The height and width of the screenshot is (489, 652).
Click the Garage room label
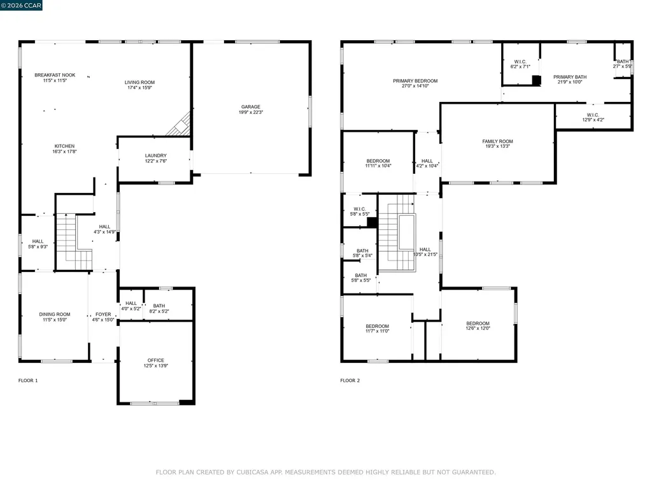point(250,107)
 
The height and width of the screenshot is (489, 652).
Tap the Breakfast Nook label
point(55,75)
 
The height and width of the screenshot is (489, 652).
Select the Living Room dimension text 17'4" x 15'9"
point(139,88)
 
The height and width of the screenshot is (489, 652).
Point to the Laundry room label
point(155,155)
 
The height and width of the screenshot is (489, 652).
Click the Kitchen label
point(64,146)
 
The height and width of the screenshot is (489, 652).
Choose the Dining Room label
point(55,315)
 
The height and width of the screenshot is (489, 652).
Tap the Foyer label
point(103,315)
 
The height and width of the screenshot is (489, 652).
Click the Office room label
point(156,360)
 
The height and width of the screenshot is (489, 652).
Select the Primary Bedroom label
point(415,81)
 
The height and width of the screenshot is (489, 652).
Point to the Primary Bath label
point(570,77)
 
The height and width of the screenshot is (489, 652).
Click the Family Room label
point(497,141)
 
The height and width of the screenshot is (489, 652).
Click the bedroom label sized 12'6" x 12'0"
point(478,323)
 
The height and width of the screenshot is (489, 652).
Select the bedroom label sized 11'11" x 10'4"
point(378,161)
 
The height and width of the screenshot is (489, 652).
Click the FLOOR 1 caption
point(28,381)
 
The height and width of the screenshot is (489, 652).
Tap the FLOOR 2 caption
point(350,381)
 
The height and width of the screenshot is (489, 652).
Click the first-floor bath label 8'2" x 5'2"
point(159,306)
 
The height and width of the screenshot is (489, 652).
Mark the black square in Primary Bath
point(536,80)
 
